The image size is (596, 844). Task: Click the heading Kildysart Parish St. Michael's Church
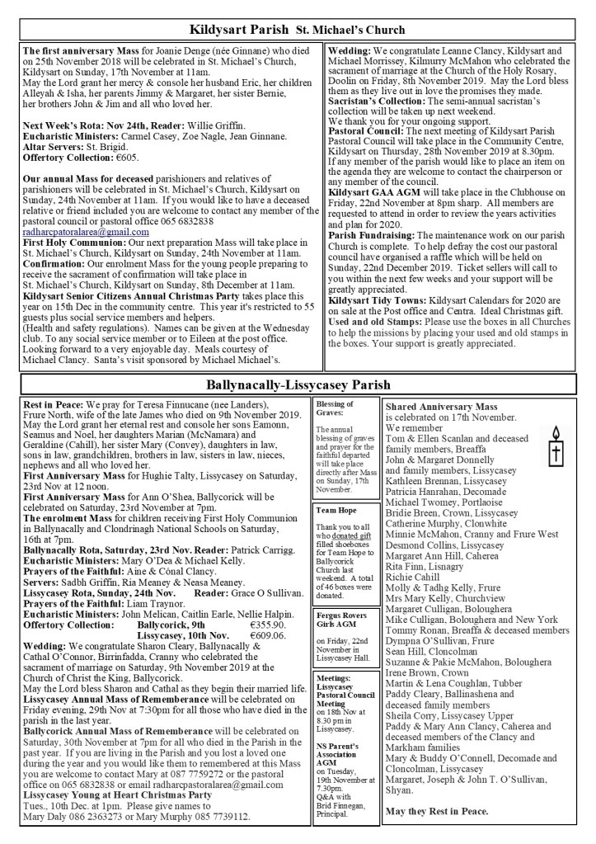pos(297,31)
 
